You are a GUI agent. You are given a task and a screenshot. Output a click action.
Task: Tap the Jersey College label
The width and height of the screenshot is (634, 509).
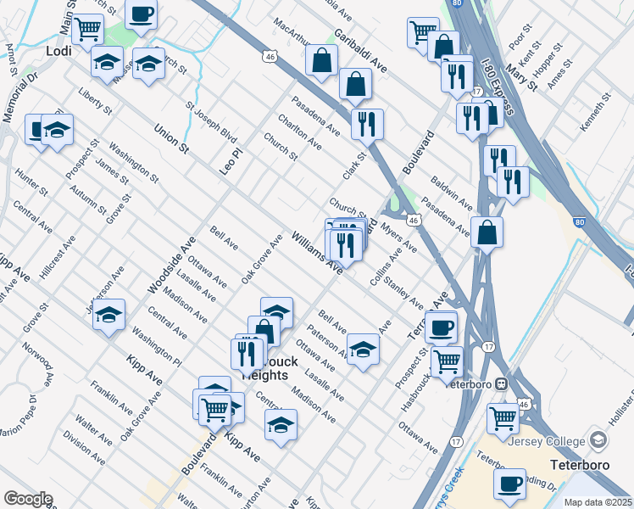point(549,441)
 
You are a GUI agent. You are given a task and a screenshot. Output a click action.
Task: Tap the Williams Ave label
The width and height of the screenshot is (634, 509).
point(317,253)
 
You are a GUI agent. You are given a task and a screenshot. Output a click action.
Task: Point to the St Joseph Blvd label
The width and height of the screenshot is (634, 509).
point(210,121)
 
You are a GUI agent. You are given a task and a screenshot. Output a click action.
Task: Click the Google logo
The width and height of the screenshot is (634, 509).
point(27,499)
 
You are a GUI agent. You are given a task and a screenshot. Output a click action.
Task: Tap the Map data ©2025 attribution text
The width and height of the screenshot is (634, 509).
point(598,502)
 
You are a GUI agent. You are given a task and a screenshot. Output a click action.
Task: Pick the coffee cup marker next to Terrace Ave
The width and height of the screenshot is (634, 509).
point(441,326)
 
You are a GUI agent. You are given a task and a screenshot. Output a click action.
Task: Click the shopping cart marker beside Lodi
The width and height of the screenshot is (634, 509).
point(88,29)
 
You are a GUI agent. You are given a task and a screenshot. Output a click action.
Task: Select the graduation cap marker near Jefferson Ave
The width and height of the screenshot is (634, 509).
point(108,315)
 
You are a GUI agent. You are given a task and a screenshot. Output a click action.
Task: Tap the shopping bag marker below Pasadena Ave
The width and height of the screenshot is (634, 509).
point(487,232)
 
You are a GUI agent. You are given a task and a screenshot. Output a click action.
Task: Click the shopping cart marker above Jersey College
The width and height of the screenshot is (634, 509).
point(503,417)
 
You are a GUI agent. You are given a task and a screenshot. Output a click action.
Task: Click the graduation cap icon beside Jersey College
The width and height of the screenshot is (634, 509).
point(599,440)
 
